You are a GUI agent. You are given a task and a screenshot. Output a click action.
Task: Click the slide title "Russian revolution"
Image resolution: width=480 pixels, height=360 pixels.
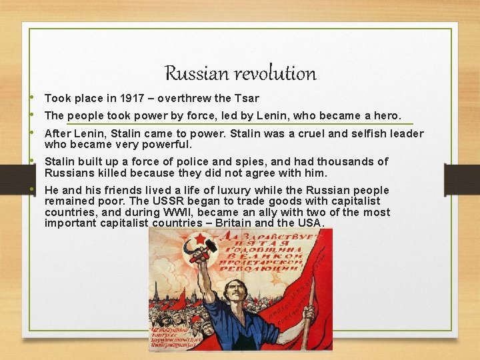pos(240,73)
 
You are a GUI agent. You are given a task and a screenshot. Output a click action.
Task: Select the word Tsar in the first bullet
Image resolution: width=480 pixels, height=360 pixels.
pos(247,99)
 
